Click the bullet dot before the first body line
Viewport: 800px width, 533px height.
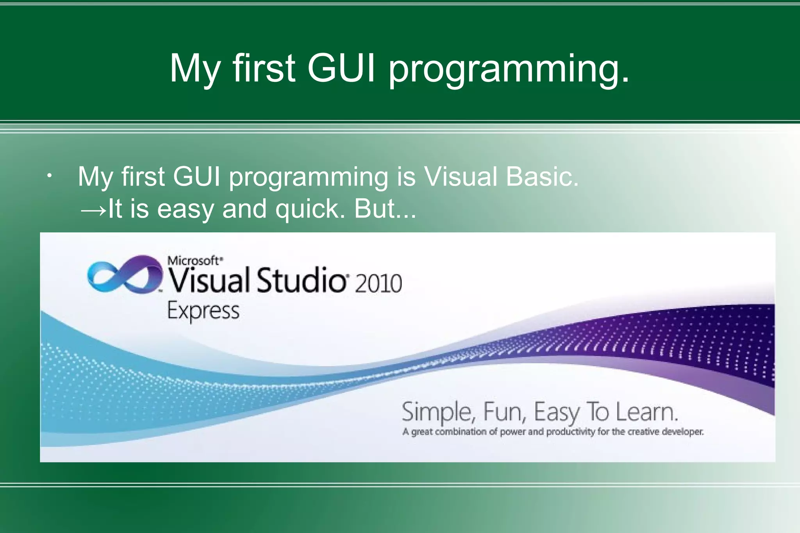point(48,176)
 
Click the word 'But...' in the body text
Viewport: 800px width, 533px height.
point(385,209)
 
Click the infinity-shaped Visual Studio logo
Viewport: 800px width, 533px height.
point(124,275)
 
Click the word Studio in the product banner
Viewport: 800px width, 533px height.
point(301,280)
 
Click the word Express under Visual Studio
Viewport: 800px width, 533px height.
point(203,312)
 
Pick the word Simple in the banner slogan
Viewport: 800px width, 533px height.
point(438,412)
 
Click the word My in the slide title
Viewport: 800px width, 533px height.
point(194,70)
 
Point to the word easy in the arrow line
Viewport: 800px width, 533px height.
point(185,209)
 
